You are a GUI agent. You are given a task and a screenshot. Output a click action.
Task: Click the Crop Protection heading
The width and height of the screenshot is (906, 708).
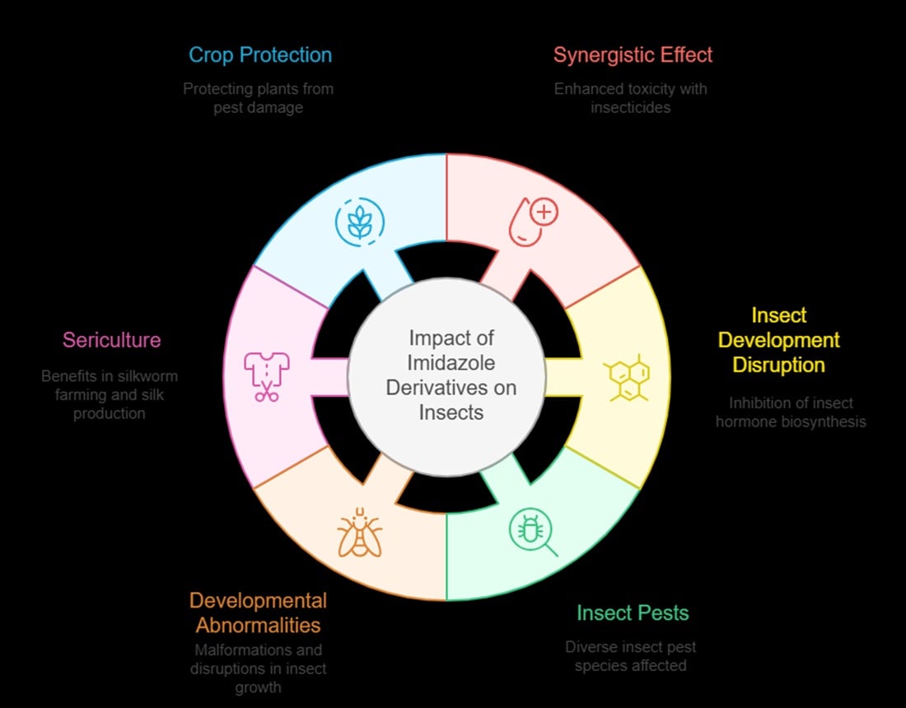point(260,55)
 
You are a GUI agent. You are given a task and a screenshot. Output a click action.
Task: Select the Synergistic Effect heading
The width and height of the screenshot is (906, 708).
point(633,55)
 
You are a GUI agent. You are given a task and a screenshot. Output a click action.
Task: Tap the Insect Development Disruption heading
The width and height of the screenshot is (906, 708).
point(778,339)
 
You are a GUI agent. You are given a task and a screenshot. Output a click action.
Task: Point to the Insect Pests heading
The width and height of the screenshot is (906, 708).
point(633,613)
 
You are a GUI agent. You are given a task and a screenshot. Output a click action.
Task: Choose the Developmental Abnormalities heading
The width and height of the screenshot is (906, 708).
point(258,612)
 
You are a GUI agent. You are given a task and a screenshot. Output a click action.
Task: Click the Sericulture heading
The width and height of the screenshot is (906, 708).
point(112,339)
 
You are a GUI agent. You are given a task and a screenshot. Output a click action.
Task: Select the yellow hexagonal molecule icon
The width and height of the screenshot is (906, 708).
point(628,379)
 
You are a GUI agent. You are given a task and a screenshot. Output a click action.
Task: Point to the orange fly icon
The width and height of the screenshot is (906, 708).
point(360,533)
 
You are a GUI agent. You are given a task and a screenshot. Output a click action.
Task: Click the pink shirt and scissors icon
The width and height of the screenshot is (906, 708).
point(265,377)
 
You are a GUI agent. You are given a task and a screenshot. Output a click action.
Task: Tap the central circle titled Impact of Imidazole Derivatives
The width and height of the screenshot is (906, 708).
point(446,375)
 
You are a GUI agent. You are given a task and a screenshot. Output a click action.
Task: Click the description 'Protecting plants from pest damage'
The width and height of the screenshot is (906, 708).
point(258,97)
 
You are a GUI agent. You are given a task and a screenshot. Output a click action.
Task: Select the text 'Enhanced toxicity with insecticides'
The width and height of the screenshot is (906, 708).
point(630,97)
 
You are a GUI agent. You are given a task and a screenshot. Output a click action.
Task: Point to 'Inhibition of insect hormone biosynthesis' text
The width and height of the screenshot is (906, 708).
point(790,412)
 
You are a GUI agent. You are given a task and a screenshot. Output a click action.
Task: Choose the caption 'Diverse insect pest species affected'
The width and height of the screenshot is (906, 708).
point(630,655)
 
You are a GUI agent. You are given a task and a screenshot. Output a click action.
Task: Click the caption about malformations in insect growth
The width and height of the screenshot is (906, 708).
point(258,668)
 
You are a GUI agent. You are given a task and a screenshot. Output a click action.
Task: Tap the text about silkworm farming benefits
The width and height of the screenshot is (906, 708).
point(110,394)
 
